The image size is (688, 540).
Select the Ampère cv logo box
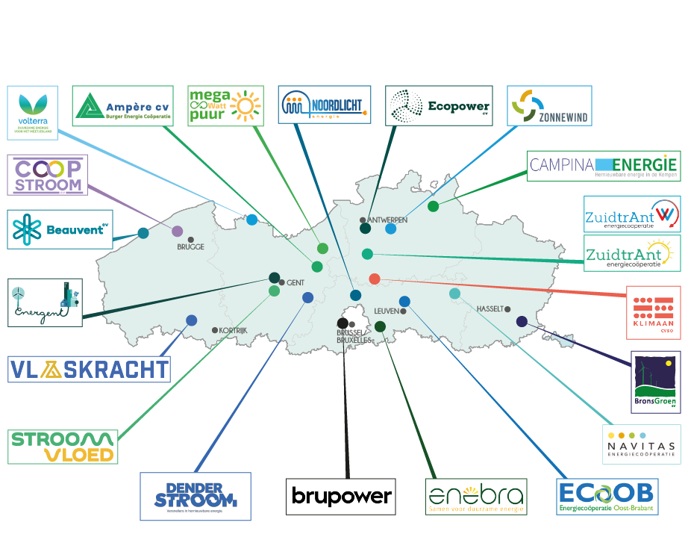point(122,106)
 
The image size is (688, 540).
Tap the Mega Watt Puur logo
point(225,106)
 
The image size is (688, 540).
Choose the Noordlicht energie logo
point(324,106)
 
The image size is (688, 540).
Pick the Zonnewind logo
point(548,106)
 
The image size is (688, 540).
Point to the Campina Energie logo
point(604,165)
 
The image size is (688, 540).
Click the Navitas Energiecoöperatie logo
point(641,444)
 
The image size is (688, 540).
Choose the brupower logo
point(340,497)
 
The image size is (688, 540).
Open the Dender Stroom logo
point(196,497)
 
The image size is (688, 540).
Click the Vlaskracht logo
point(89,370)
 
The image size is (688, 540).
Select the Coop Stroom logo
point(48,175)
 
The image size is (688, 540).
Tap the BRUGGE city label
point(190,246)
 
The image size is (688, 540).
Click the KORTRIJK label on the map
point(233,330)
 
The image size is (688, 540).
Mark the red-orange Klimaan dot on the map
point(375,279)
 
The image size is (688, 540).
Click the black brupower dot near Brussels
point(342,323)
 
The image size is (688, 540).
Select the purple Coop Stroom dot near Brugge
point(177,232)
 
